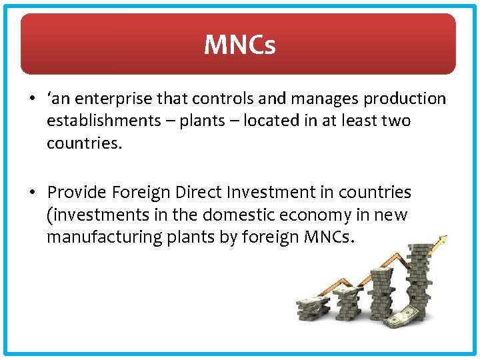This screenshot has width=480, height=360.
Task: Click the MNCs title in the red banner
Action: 239,45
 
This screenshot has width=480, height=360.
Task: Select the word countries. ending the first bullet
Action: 84,143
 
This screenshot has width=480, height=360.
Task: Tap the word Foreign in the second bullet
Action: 141,193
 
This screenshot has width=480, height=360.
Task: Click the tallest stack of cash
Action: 418,280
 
